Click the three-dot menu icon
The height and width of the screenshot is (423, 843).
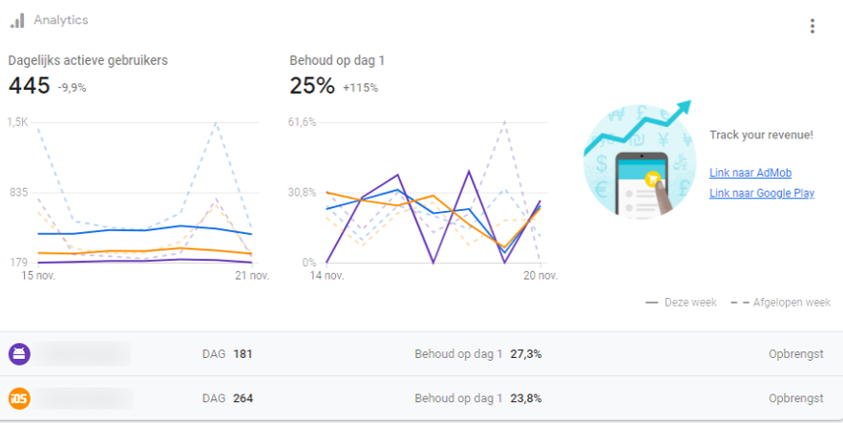[x=812, y=26]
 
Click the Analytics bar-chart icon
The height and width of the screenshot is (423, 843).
[x=17, y=20]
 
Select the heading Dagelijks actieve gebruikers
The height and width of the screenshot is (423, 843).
[x=88, y=60]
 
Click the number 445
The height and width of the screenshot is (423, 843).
[x=29, y=86]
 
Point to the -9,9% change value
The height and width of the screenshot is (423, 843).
[x=72, y=88]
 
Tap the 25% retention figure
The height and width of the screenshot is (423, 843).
[x=312, y=86]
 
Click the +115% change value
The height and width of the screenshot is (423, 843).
[x=361, y=88]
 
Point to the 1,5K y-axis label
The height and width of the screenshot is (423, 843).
[x=18, y=122]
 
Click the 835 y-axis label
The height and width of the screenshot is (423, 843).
[x=18, y=193]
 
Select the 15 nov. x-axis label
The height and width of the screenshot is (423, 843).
[x=39, y=276]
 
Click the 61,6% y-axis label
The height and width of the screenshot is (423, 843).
[x=302, y=122]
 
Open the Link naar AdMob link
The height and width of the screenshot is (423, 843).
[x=750, y=173]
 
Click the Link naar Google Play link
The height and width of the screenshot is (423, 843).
[x=761, y=193]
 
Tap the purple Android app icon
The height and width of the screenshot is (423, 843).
[x=19, y=354]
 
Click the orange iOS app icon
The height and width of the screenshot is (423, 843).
[x=19, y=398]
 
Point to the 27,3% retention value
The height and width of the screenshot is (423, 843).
[x=526, y=354]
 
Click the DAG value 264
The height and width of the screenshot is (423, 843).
[x=242, y=398]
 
